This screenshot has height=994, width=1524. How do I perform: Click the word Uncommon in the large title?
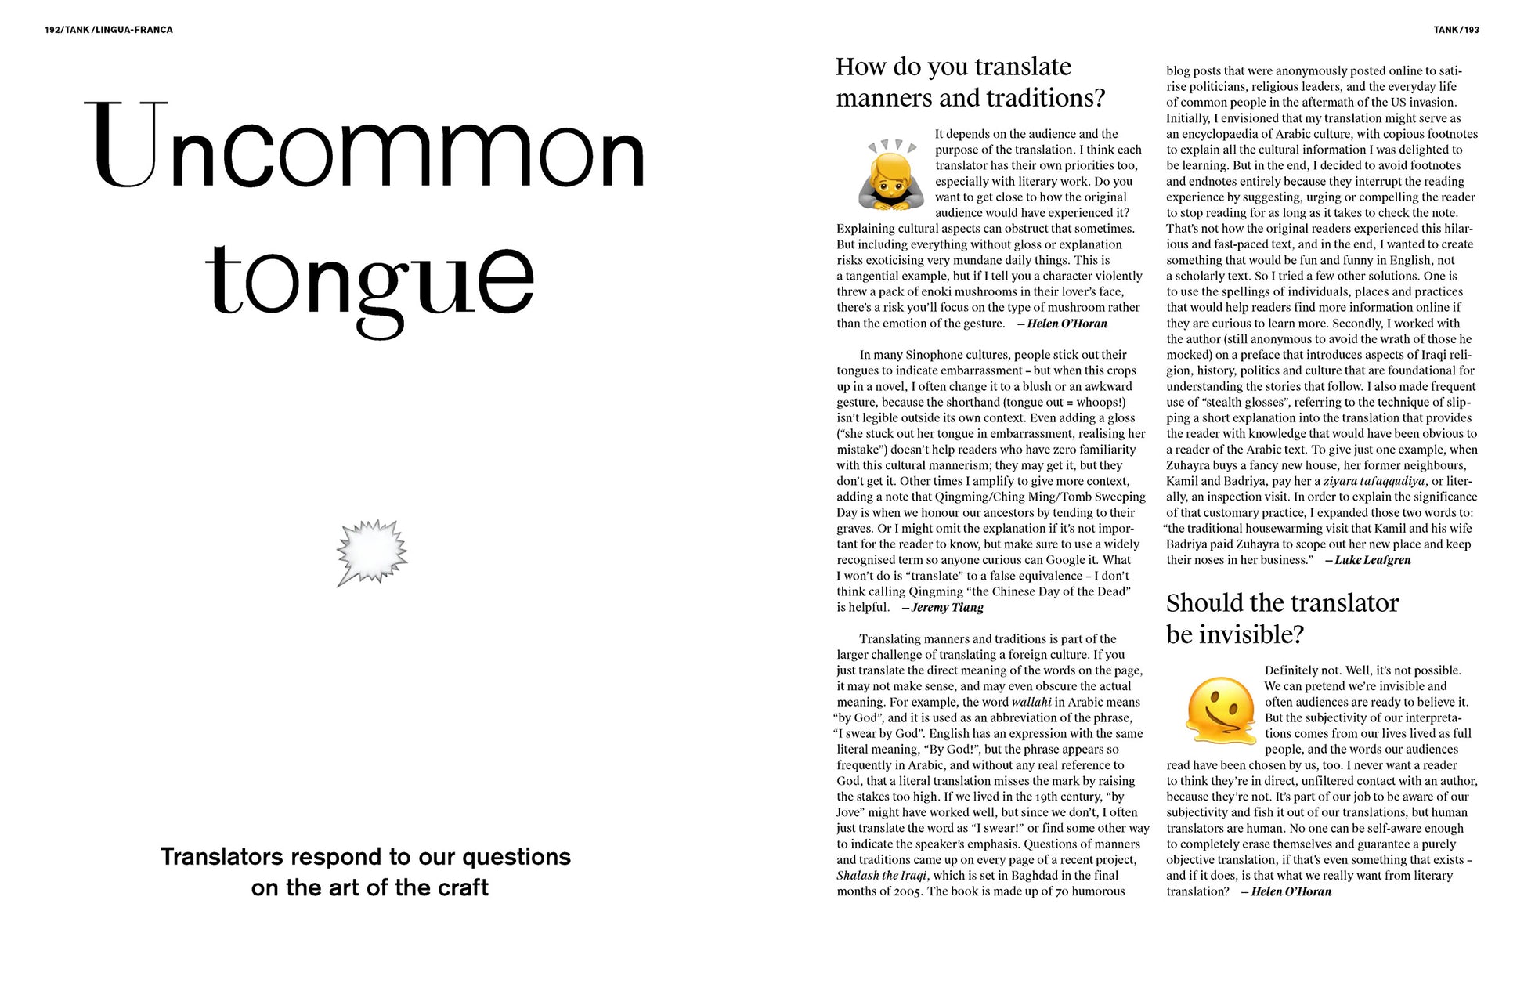(x=365, y=146)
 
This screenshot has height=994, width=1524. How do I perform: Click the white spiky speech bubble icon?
(x=371, y=551)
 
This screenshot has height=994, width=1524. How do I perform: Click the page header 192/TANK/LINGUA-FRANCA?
(x=109, y=30)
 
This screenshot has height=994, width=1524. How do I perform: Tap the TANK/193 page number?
(x=1456, y=30)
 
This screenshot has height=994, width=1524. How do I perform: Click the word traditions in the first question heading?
(x=1039, y=98)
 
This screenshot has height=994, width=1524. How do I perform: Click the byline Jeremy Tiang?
(x=947, y=607)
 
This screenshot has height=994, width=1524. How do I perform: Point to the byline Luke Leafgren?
(x=1372, y=560)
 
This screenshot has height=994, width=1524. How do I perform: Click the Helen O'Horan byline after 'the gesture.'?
(x=1067, y=324)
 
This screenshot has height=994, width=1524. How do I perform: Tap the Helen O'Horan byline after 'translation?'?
(x=1291, y=891)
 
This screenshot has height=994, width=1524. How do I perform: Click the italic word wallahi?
(x=1031, y=702)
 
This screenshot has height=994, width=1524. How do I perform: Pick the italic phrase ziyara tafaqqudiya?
(x=1374, y=481)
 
